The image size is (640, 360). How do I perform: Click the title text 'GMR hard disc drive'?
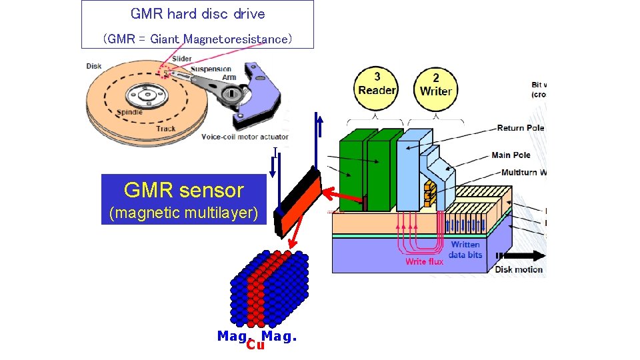point(197,14)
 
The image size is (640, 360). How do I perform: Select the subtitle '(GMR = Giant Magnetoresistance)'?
point(197,39)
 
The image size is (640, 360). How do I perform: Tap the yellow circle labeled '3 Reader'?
point(377,85)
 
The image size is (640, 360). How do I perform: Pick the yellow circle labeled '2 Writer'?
point(436,85)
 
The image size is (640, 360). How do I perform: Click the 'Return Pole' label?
point(520,128)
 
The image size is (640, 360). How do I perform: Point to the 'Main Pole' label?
point(511,155)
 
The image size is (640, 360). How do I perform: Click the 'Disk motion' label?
point(519,270)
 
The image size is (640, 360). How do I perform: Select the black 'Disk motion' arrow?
point(523,255)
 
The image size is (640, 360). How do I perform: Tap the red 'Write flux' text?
point(425,261)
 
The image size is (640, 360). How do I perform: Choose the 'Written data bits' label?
point(465,250)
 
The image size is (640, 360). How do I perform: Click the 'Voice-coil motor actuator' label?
point(245,137)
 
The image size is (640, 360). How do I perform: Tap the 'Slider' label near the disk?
point(182,59)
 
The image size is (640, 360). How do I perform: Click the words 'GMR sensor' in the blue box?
point(184,191)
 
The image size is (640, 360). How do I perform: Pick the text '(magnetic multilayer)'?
point(184,213)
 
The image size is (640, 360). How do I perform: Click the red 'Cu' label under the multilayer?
point(254,345)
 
